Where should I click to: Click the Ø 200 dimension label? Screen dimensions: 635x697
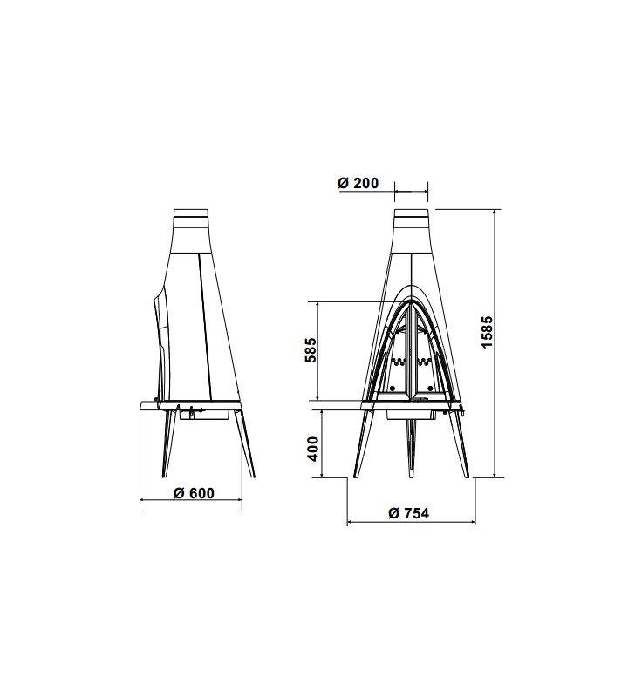pyautogui.click(x=358, y=183)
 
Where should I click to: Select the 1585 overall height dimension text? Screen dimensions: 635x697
pyautogui.click(x=488, y=332)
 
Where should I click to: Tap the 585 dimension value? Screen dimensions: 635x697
pyautogui.click(x=311, y=350)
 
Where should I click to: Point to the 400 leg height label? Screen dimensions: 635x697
pyautogui.click(x=313, y=449)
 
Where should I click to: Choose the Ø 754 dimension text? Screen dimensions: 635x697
pyautogui.click(x=409, y=513)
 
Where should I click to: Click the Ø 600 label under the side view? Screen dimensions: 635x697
pyautogui.click(x=194, y=493)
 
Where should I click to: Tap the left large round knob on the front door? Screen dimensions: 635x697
pyautogui.click(x=392, y=389)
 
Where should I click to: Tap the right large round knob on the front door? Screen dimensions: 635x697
pyautogui.click(x=430, y=389)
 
